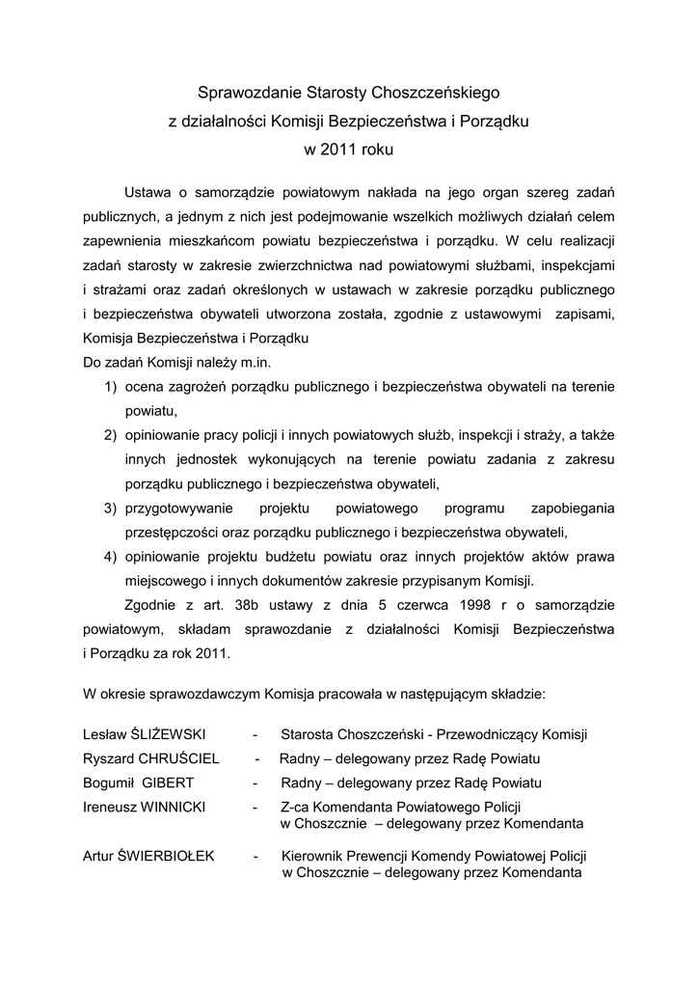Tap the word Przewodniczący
point(499,734)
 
